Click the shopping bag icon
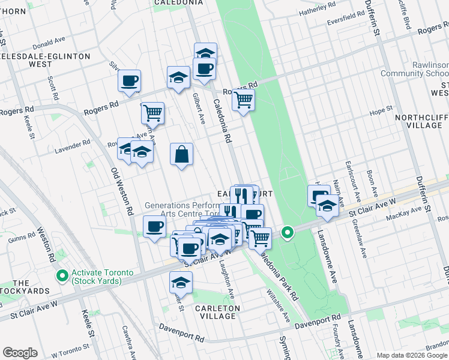181,155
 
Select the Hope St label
380,110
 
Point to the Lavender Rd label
73,143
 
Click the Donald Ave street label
49,42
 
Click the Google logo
20,353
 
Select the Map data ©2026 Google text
411,355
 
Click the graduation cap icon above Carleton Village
181,282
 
